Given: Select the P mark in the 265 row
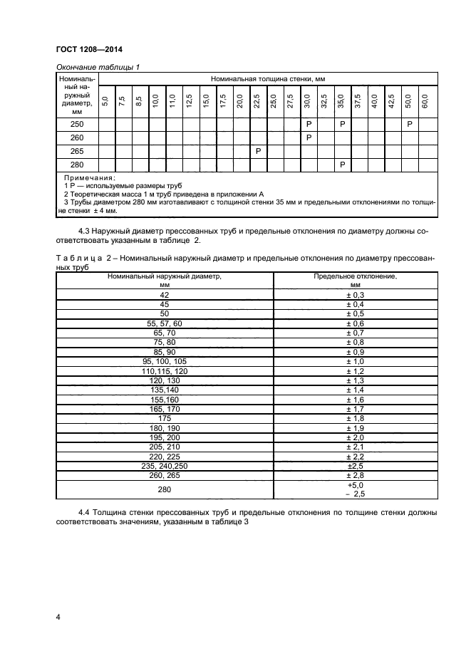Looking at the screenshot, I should pyautogui.click(x=258, y=151).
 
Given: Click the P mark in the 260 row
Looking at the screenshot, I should pyautogui.click(x=309, y=137).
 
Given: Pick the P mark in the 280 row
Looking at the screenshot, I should pyautogui.click(x=343, y=165).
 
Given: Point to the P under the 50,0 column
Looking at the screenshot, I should pyautogui.click(x=410, y=124).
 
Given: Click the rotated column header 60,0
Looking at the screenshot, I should pyautogui.click(x=425, y=100).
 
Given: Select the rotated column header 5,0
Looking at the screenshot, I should pyautogui.click(x=105, y=100).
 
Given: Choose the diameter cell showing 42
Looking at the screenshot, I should pyautogui.click(x=165, y=294).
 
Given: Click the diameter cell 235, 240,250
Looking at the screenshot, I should pyautogui.click(x=165, y=465).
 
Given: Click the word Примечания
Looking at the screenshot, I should pyautogui.click(x=89, y=177).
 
